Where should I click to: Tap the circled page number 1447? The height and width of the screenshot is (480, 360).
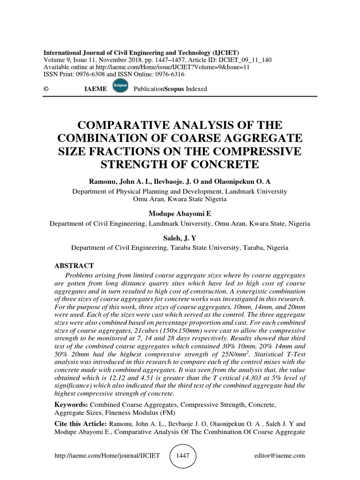pyautogui.click(x=183, y=455)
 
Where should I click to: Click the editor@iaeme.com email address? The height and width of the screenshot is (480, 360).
pyautogui.click(x=279, y=455)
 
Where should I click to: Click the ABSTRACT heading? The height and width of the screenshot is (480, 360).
pyautogui.click(x=75, y=265)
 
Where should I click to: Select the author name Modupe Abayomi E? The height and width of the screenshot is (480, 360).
pyautogui.click(x=180, y=214)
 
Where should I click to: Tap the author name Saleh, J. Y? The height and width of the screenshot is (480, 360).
pyautogui.click(x=180, y=239)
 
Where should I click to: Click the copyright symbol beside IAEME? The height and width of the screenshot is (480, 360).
pyautogui.click(x=46, y=89)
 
